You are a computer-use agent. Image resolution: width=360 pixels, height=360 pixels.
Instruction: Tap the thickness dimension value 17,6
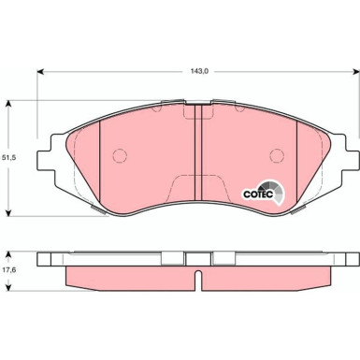click(11, 271)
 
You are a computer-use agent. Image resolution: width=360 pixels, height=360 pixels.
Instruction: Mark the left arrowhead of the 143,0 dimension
click(40, 72)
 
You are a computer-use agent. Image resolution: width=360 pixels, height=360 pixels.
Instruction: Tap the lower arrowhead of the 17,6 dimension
click(10, 289)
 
